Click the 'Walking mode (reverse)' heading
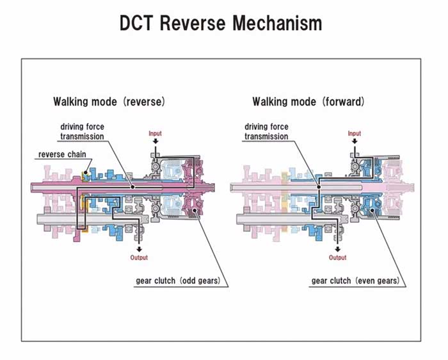click(109, 102)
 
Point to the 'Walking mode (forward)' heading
click(308, 102)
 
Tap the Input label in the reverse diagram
click(156, 133)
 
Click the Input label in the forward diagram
click(354, 133)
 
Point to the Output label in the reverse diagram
click(139, 258)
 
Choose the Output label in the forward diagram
click(337, 258)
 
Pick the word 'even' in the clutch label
click(369, 281)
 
